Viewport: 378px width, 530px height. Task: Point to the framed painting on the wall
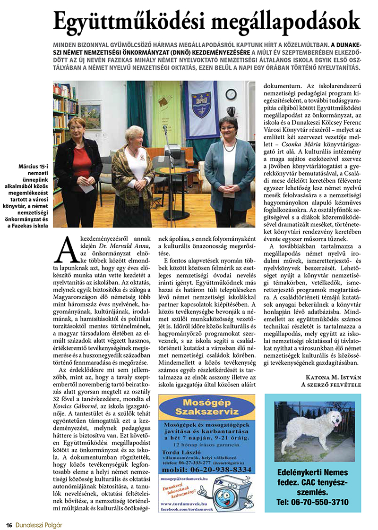(90, 117)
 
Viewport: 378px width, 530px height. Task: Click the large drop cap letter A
(66, 250)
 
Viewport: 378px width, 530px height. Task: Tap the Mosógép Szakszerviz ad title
(207, 410)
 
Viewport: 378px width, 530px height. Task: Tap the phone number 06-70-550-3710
(313, 502)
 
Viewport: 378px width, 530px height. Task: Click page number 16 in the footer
(9, 524)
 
